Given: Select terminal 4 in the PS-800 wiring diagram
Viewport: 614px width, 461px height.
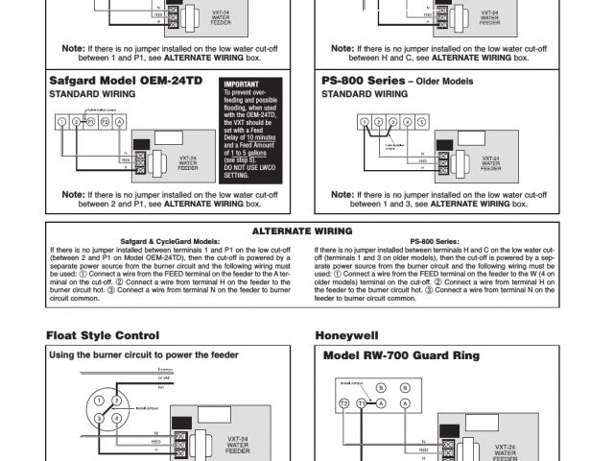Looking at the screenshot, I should pos(409,122).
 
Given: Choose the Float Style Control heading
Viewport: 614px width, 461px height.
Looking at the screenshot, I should pos(103,335).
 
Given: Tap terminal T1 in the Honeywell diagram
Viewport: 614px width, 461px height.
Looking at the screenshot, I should pos(361,404).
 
